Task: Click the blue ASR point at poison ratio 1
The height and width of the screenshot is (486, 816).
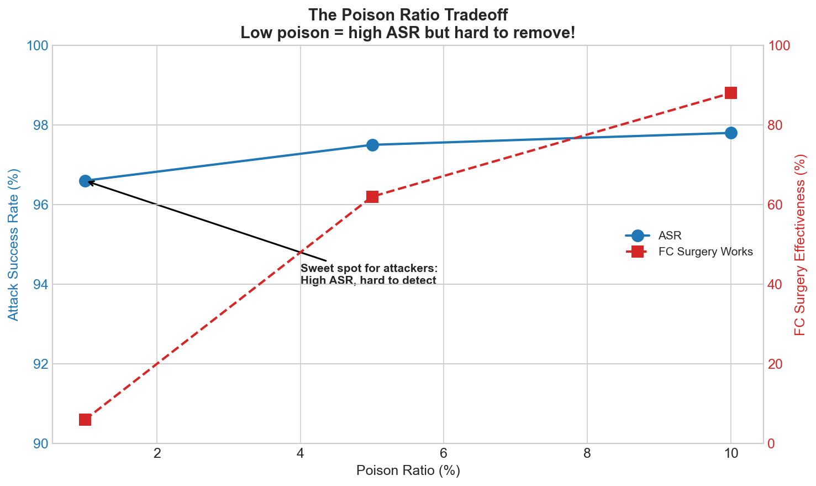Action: [85, 181]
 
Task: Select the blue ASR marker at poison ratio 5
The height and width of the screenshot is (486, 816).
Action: [372, 145]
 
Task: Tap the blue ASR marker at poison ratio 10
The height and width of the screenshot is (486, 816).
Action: [731, 133]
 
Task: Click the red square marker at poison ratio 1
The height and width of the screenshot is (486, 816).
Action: [85, 420]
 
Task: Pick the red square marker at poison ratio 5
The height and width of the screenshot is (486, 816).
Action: [372, 197]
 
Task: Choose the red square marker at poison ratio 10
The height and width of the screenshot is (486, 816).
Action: [731, 93]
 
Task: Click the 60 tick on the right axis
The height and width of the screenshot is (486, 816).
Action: [777, 205]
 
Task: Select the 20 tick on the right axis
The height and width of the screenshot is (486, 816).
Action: [777, 364]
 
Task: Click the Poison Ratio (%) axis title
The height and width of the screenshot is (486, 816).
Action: [408, 471]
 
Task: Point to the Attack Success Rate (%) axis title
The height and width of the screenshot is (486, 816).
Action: [14, 244]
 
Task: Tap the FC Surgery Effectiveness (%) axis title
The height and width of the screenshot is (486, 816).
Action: [800, 244]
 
